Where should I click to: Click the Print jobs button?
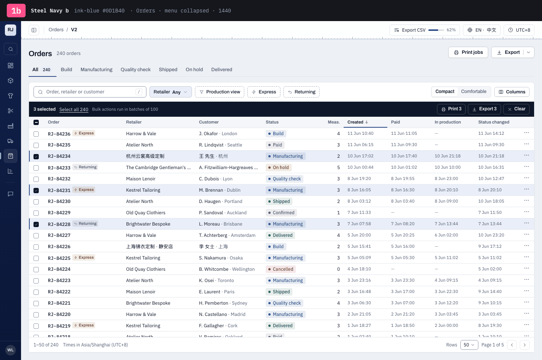click(x=468, y=52)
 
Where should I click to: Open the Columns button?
click(x=512, y=92)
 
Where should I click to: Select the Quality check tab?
click(x=135, y=70)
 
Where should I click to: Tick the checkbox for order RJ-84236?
click(x=36, y=134)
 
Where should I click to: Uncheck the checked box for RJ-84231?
click(x=36, y=190)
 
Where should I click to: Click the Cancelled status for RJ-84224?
click(x=281, y=269)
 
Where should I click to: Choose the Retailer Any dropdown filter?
click(x=171, y=92)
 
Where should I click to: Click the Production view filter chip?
click(x=219, y=92)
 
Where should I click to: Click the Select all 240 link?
click(x=74, y=109)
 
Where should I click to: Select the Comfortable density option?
click(x=473, y=92)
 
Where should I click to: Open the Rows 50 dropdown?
click(x=469, y=345)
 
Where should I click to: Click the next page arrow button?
click(x=525, y=345)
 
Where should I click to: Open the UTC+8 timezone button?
click(x=519, y=30)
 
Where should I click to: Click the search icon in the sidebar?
click(x=11, y=49)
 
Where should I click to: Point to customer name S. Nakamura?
click(x=212, y=258)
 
